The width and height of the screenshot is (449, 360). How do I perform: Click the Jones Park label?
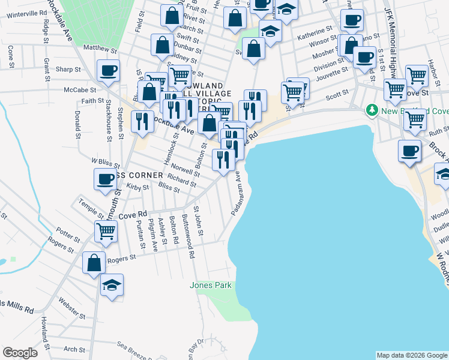[x=211, y=286]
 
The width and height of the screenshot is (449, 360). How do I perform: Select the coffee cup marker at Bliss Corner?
[x=106, y=179]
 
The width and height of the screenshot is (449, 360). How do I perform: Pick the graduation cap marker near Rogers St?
[x=112, y=286]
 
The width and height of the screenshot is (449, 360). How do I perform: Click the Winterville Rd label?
[x=28, y=13]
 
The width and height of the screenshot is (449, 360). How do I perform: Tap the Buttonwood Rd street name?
[x=187, y=236]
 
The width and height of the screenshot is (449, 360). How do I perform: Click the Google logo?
[x=20, y=353]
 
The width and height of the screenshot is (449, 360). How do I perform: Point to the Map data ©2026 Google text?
[x=411, y=355]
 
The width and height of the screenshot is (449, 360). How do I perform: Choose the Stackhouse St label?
[x=108, y=119]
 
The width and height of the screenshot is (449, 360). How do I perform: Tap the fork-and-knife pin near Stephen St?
[x=142, y=122]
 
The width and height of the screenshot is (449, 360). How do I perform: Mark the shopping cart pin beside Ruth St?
[x=415, y=119]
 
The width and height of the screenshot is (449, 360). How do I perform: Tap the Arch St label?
[x=74, y=349]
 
